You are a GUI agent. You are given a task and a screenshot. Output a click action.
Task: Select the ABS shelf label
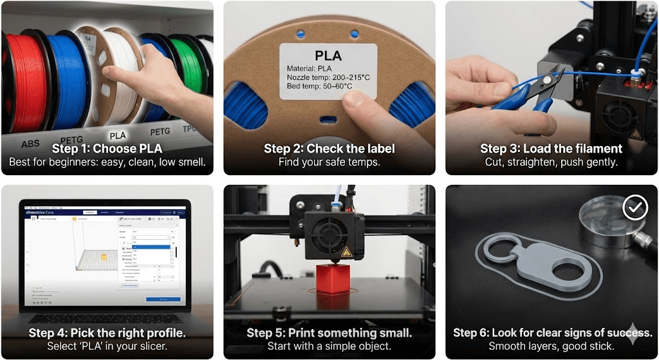pos(30,144)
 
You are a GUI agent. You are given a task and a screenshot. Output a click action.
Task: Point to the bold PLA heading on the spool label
pos(328,55)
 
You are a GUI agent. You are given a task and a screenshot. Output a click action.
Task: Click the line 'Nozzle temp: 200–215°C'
pos(328,77)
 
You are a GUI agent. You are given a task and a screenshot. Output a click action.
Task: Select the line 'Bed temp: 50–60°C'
pos(320,86)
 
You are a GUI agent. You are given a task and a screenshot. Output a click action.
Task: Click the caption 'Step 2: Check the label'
pos(329,149)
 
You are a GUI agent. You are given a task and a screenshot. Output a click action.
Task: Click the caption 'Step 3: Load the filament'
pos(551,149)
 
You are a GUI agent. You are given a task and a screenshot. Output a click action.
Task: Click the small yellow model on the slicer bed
pos(103,258)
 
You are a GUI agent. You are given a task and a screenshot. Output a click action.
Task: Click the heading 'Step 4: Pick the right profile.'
pos(107,333)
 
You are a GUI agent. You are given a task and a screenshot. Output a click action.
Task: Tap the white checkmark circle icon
pos(635,207)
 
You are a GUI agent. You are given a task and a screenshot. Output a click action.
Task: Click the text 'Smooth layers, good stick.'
pos(551,346)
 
